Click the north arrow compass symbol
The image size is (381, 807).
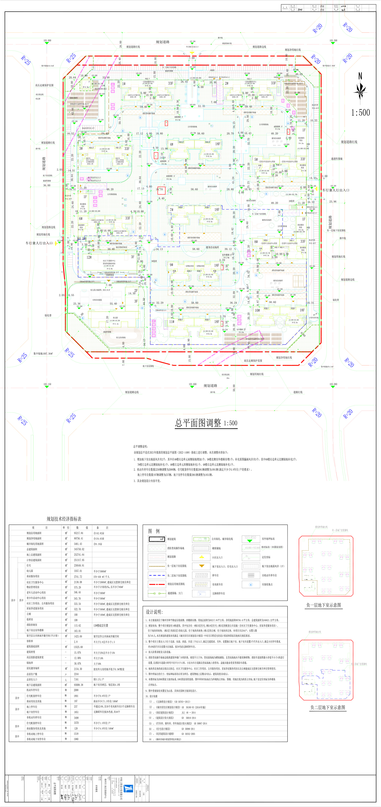pos(360,90)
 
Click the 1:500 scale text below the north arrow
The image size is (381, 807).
pos(360,112)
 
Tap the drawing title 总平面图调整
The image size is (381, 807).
pos(198,423)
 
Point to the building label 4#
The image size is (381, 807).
pos(171,144)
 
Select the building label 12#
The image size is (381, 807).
pos(89,257)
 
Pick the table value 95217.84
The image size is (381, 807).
pos(78,533)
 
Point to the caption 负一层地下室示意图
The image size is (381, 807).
pos(324,605)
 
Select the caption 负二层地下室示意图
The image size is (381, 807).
pos(327,707)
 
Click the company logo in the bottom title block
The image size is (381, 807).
pos(129,788)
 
